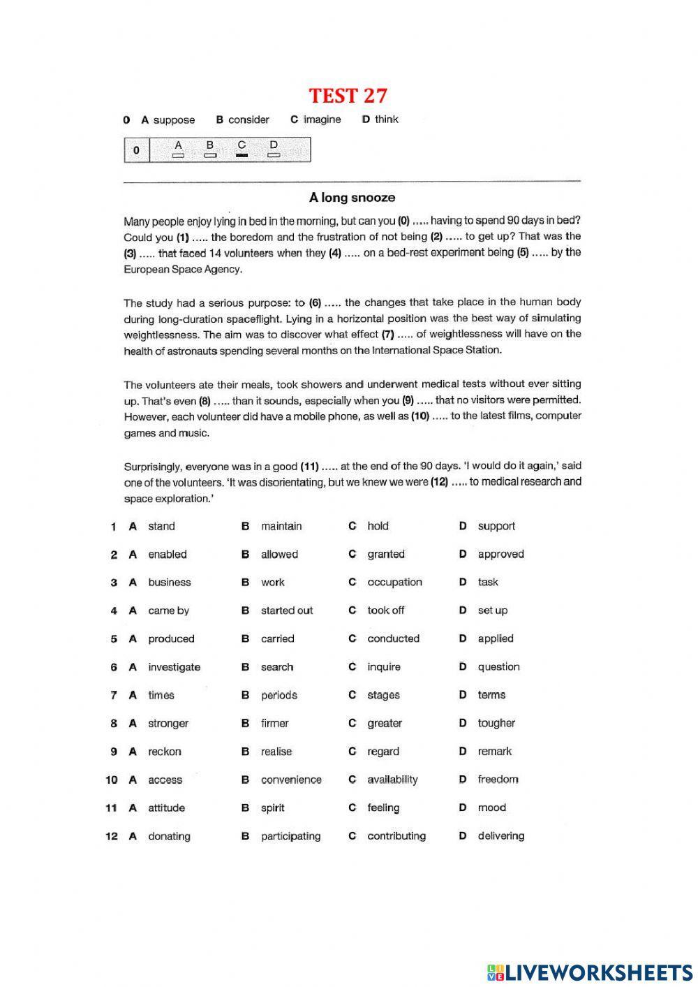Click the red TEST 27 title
348,95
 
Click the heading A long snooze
352,198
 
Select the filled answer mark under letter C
242,155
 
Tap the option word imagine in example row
322,119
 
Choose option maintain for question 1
281,526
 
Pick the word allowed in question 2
279,554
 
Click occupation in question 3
394,582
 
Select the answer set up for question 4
492,611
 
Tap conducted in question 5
393,638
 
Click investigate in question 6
174,667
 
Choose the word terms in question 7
491,695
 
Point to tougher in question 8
496,723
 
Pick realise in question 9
276,752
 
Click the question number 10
112,780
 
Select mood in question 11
491,807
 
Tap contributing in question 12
396,835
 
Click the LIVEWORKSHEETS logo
590,972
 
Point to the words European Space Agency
183,269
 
